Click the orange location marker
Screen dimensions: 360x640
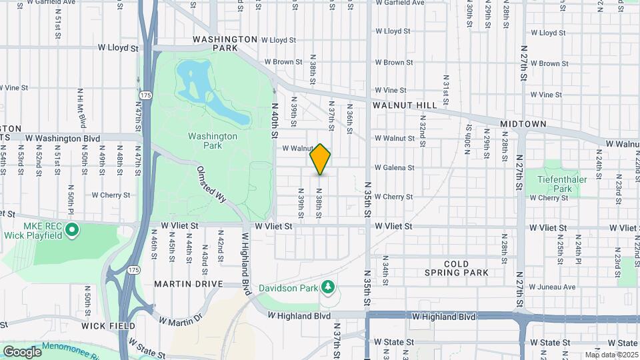[x=320, y=159]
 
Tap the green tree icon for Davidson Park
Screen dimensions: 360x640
[x=327, y=287]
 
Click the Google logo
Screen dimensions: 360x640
[x=22, y=351]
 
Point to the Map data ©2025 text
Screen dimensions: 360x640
[x=611, y=355]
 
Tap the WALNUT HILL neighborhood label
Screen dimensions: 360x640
[x=405, y=105]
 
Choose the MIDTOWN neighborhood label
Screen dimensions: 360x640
[x=523, y=124]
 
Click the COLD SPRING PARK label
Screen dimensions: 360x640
[x=457, y=268]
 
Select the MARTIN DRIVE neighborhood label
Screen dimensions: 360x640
[x=188, y=284]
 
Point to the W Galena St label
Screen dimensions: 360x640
[x=394, y=167]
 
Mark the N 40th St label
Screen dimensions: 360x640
[x=274, y=120]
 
